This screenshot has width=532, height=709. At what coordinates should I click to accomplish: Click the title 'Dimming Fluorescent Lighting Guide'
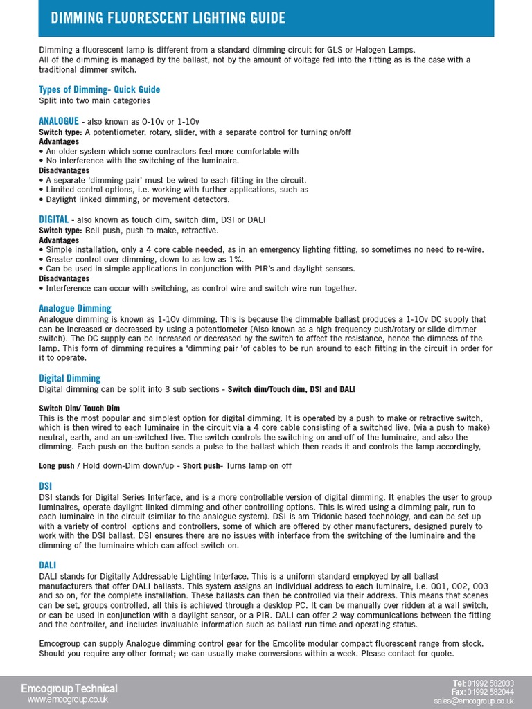[168, 17]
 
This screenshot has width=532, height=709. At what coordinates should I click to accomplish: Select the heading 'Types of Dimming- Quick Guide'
[99, 89]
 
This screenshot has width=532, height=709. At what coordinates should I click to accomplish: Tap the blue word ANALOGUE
[59, 121]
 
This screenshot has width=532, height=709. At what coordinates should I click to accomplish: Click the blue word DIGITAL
[53, 219]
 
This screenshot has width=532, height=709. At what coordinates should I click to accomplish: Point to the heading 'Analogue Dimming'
[75, 308]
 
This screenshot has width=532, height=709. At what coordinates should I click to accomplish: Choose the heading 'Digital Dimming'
[69, 378]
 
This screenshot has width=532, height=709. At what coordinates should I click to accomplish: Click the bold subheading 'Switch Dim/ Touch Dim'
[79, 409]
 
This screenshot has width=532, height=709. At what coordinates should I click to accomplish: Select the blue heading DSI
[46, 487]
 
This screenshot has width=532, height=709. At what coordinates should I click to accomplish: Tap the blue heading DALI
[47, 566]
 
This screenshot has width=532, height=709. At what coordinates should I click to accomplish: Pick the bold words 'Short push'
[202, 466]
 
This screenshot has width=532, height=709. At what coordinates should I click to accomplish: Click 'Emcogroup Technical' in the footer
[69, 688]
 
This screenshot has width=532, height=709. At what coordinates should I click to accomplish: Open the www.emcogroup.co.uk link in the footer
[67, 700]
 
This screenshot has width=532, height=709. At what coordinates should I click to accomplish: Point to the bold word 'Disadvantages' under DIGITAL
[64, 278]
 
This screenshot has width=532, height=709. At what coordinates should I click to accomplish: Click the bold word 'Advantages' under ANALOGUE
[59, 141]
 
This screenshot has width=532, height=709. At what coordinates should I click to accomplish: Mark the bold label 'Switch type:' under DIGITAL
[60, 230]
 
